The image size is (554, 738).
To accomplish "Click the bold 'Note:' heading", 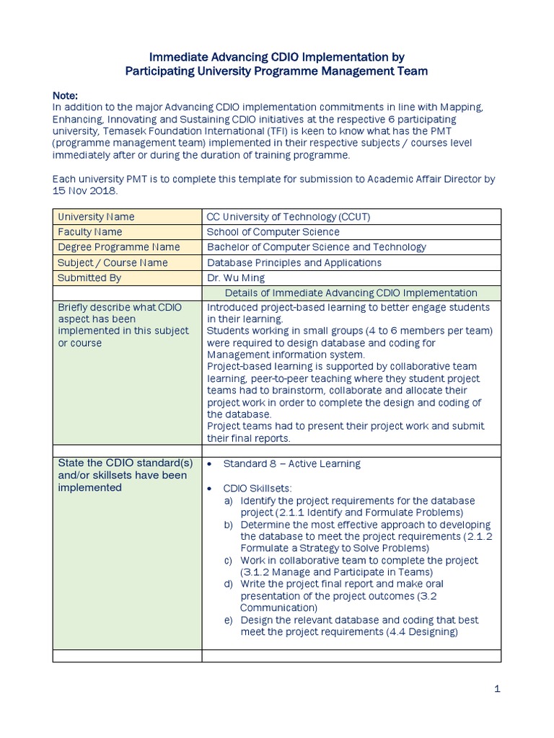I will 66,95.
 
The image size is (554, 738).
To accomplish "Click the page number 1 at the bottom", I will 497,689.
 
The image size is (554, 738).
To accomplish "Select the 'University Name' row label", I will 96,217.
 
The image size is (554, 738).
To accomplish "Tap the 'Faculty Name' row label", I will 89,232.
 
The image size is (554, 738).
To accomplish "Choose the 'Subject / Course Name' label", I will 113,262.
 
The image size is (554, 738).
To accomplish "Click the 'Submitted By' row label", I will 89,277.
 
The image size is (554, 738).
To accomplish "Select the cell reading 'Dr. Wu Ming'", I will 235,277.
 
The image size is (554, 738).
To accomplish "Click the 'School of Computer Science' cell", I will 273,232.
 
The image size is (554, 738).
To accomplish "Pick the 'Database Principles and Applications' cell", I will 294,262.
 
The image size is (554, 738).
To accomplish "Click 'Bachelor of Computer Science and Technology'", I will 316,247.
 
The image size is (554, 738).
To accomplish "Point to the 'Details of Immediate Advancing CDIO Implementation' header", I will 351,293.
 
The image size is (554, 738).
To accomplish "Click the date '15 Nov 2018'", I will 84,190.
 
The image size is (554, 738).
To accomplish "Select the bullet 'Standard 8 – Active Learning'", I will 292,463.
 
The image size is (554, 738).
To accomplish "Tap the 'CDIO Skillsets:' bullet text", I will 259,488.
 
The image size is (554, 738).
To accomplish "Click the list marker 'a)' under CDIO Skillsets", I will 228,500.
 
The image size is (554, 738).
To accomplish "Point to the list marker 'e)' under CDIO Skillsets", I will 228,620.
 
